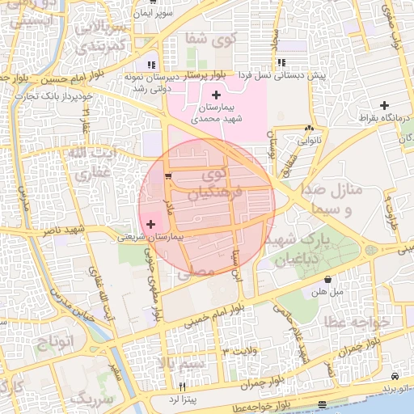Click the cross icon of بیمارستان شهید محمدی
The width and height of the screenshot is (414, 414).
[x=216, y=95]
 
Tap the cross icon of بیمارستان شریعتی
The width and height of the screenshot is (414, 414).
[x=151, y=223]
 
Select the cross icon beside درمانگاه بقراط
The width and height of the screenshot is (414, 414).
[x=385, y=105]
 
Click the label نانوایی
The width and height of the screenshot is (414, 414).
[x=309, y=139]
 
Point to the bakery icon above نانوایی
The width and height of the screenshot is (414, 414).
[x=309, y=128]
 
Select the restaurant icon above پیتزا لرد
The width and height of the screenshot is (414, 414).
[x=183, y=386]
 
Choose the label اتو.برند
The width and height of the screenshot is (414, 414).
[x=395, y=388]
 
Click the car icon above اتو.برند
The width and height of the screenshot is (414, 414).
[x=394, y=377]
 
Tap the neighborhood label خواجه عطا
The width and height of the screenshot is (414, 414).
[x=357, y=322]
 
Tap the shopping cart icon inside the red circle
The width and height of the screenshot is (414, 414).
[x=167, y=176]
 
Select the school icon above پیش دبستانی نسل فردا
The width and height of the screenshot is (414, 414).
[x=281, y=62]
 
